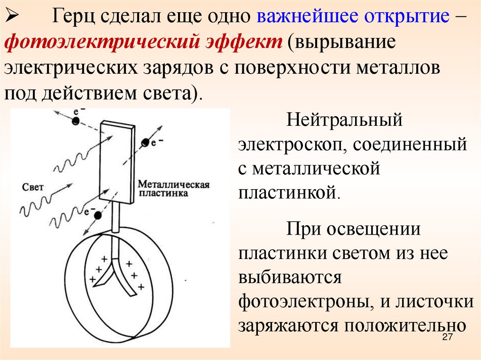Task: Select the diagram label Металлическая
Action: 173,184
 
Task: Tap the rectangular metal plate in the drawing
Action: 116,160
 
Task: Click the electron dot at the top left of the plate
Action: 75,121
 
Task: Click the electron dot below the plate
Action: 97,215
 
